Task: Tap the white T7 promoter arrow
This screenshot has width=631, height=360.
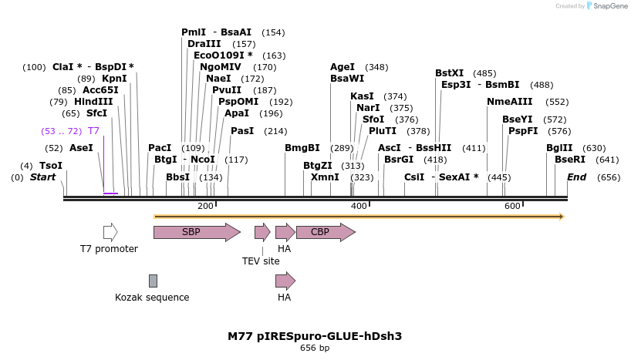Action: pyautogui.click(x=110, y=232)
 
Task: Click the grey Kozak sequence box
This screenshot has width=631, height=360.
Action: pyautogui.click(x=153, y=281)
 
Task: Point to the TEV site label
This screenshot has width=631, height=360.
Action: pyautogui.click(x=261, y=261)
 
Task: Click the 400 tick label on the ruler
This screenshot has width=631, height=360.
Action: pyautogui.click(x=359, y=206)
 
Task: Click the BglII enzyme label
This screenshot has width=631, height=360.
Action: pyautogui.click(x=559, y=148)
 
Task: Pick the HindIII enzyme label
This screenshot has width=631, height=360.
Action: pyautogui.click(x=93, y=101)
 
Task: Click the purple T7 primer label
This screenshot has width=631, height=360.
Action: pyautogui.click(x=93, y=131)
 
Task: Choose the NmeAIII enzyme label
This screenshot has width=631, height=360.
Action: pyautogui.click(x=510, y=102)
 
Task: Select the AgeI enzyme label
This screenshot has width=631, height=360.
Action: pyautogui.click(x=342, y=67)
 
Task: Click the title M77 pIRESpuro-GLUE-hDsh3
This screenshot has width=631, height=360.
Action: pyautogui.click(x=315, y=336)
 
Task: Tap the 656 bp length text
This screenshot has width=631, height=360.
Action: pyautogui.click(x=315, y=348)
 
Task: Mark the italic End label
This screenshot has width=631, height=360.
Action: pyautogui.click(x=576, y=177)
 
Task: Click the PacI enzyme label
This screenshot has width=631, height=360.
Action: pyautogui.click(x=160, y=148)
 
